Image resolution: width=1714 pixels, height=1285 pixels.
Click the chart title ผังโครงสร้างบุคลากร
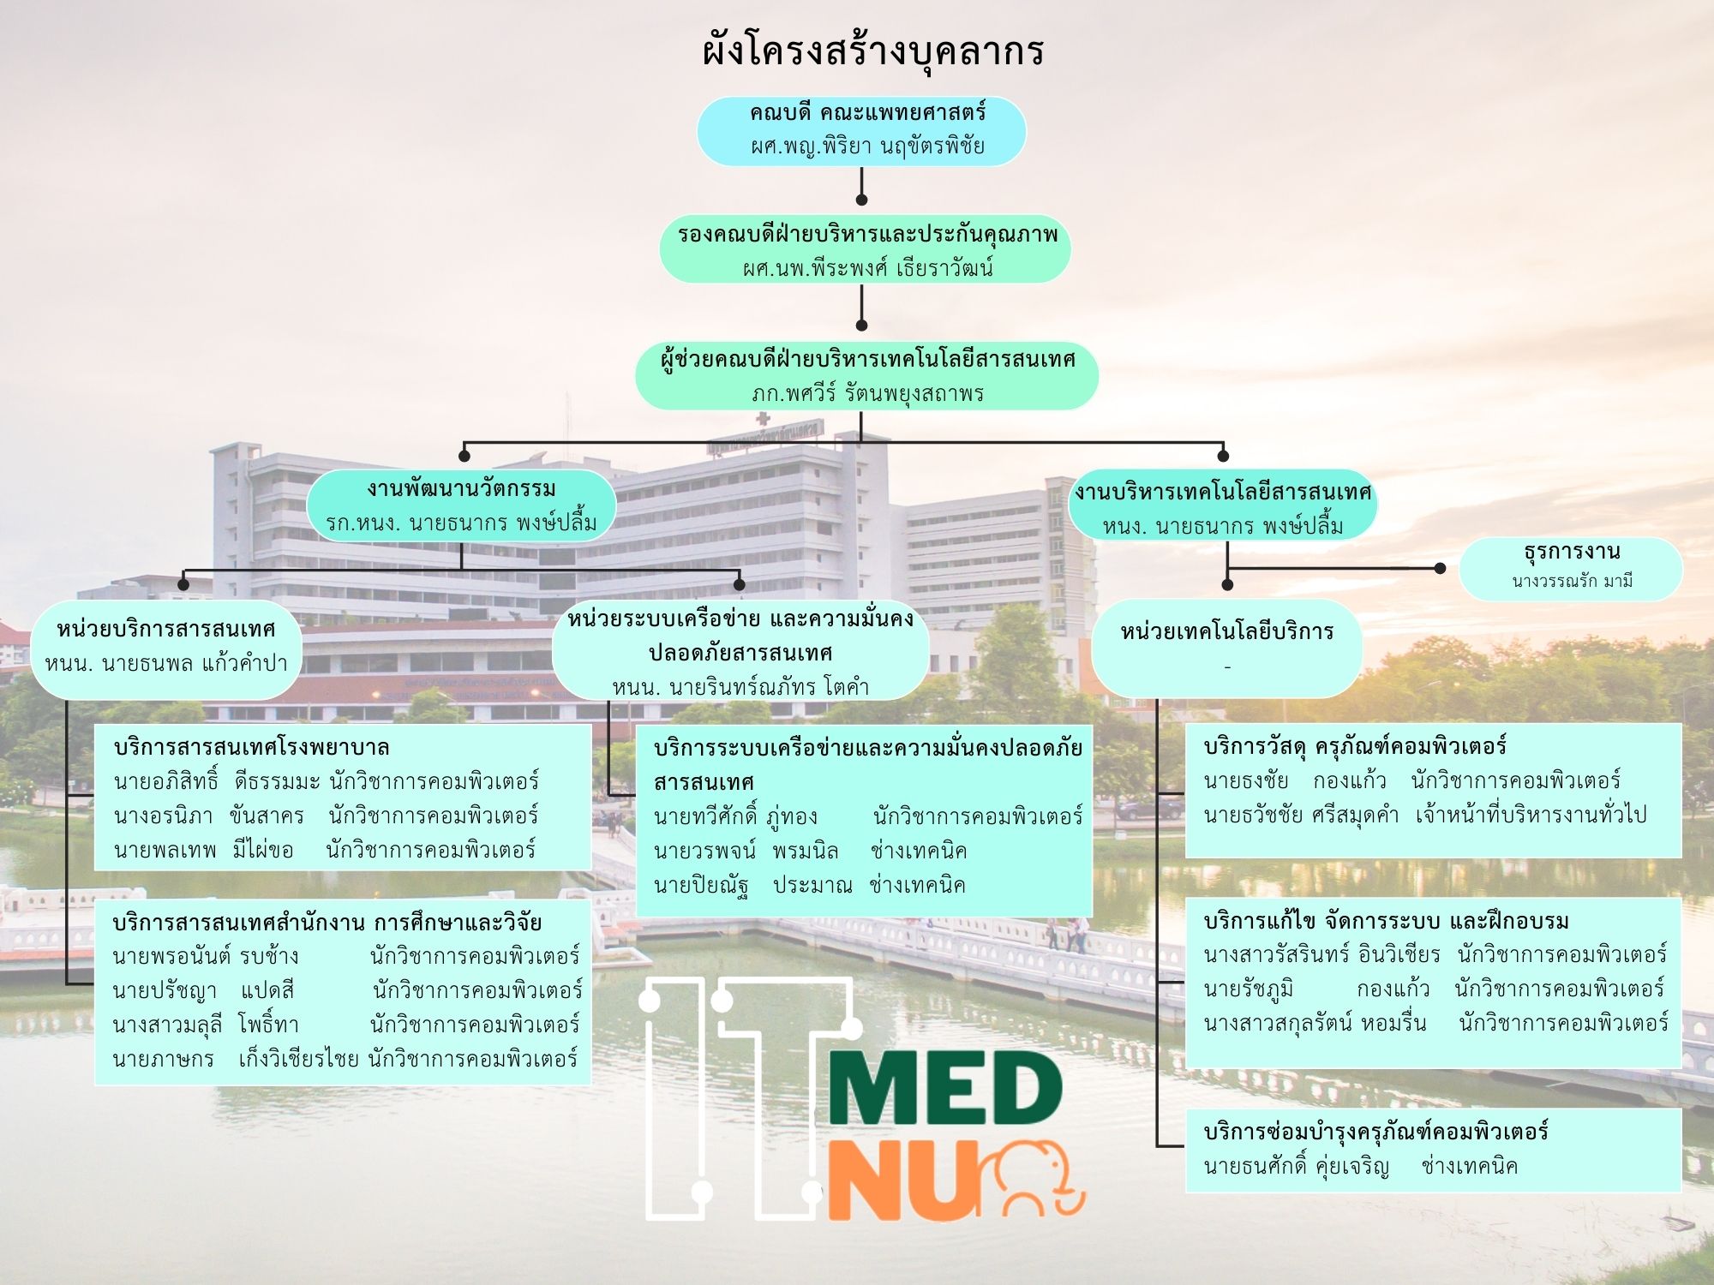click(873, 51)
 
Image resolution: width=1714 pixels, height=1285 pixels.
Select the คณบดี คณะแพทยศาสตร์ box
click(861, 130)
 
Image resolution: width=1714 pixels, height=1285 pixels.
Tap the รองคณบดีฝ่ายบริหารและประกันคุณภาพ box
click(865, 248)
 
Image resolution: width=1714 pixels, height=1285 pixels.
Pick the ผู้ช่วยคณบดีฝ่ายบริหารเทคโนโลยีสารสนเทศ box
click(866, 375)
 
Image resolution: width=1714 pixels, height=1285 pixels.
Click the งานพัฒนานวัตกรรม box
click(461, 505)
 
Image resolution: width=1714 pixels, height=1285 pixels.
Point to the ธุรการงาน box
click(1571, 568)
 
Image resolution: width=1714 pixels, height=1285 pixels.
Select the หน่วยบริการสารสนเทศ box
click(166, 648)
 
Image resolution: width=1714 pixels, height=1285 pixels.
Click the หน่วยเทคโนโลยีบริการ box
click(1227, 648)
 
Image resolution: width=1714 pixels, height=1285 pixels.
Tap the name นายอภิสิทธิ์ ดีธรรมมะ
click(217, 781)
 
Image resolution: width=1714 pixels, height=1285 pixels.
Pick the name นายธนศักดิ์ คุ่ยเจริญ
click(1297, 1166)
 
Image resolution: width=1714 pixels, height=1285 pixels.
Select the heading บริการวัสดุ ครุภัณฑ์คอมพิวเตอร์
click(1355, 746)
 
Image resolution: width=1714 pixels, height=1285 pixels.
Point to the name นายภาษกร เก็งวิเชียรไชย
click(236, 1059)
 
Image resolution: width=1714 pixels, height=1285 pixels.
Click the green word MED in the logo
click(945, 1088)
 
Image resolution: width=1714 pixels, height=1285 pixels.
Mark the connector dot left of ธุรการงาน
click(1441, 568)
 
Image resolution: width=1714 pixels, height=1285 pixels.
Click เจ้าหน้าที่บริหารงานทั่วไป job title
click(1531, 815)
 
